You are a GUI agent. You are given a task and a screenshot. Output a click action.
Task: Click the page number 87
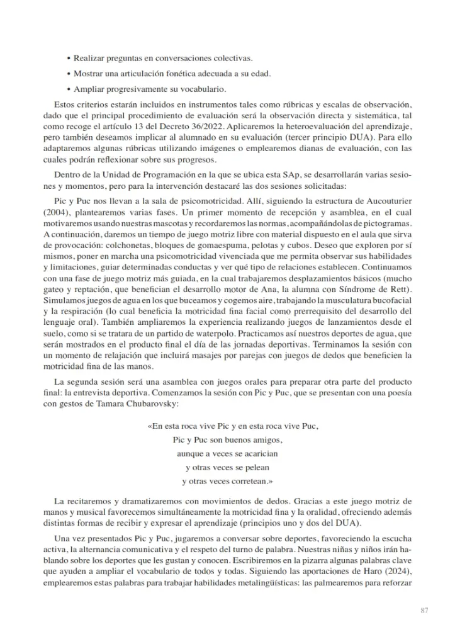(x=424, y=610)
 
